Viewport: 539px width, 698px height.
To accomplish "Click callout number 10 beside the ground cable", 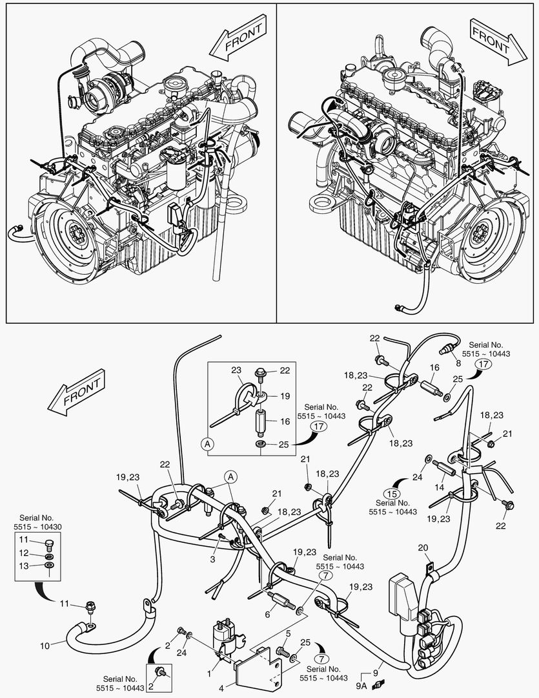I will [45, 644].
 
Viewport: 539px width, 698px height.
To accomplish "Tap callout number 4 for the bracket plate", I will [221, 689].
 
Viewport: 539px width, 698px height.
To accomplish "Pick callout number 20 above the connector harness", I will [423, 548].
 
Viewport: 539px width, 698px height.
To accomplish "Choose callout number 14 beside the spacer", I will [440, 487].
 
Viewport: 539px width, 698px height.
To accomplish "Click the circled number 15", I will [391, 477].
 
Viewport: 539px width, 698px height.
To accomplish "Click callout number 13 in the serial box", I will [23, 566].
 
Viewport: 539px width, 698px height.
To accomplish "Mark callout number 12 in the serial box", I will [23, 553].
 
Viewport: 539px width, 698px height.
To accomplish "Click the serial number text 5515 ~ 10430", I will [34, 527].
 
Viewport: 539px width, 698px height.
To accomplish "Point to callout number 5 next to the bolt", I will [289, 633].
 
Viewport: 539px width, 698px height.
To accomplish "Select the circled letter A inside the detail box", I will [207, 443].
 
